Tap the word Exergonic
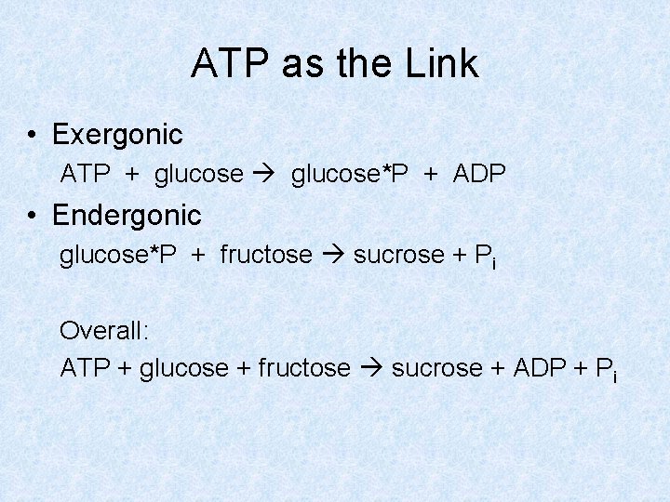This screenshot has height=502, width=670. (117, 135)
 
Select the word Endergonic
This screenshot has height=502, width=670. (127, 216)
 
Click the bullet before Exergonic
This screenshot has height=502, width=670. (33, 136)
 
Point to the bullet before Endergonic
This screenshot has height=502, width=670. (33, 217)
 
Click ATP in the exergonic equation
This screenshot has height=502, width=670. (86, 174)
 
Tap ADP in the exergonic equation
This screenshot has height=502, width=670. (479, 174)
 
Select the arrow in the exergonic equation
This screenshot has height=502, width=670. (267, 174)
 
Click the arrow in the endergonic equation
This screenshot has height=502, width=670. (332, 255)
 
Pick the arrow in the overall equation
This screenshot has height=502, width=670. (371, 368)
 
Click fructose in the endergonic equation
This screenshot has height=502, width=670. (266, 255)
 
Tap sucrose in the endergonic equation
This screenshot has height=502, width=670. (392, 255)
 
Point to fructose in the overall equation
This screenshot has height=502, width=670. (304, 368)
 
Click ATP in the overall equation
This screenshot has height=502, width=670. (85, 368)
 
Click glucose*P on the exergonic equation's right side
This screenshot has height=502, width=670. (350, 174)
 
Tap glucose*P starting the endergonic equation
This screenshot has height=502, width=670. (118, 255)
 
